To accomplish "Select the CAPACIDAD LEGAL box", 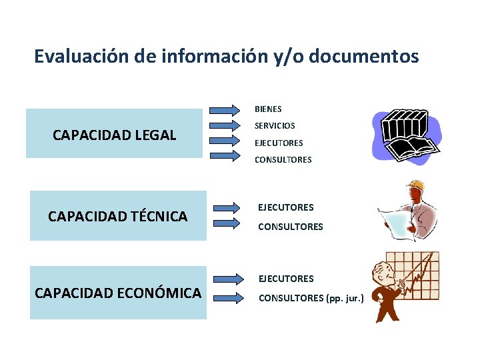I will (114, 135).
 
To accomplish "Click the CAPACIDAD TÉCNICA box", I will (118, 216).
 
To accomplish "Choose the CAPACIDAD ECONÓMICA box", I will (118, 293).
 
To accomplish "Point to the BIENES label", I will (268, 109).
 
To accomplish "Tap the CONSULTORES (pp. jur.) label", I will (311, 298).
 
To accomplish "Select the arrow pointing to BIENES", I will (225, 109).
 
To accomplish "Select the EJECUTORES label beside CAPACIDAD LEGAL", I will (278, 143).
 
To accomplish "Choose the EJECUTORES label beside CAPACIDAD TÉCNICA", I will (285, 207).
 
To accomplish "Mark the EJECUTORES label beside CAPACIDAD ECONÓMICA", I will (285, 279).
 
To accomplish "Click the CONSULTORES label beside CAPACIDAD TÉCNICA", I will (290, 227).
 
